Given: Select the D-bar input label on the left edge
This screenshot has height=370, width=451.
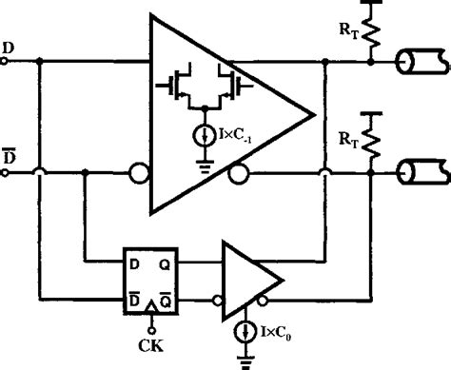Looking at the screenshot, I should point(9,156).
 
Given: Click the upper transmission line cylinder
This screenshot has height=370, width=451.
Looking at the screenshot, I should point(418,64).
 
